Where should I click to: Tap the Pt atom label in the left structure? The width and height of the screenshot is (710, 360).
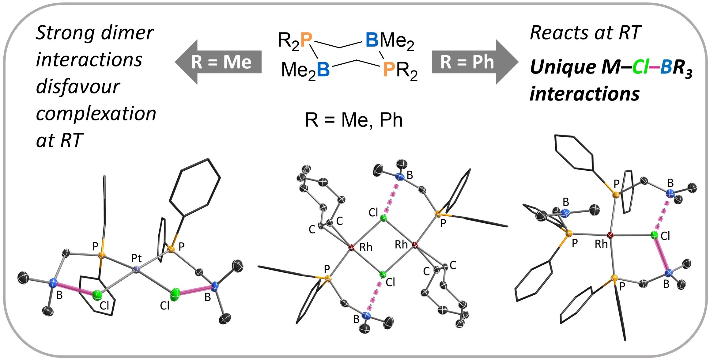click(x=136, y=258)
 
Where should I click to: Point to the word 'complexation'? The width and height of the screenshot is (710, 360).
click(x=96, y=114)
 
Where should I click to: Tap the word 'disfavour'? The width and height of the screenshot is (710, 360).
click(x=78, y=87)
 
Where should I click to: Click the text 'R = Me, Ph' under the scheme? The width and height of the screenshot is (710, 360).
click(x=353, y=120)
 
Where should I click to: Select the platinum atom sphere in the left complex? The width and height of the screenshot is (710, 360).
click(x=137, y=269)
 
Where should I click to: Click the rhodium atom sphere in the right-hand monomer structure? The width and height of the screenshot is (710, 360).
click(x=610, y=235)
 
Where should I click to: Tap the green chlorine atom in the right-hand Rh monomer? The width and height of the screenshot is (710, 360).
click(x=654, y=235)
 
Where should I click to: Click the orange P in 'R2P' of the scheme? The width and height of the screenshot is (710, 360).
click(x=306, y=40)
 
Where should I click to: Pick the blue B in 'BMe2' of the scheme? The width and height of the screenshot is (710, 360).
click(x=372, y=40)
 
